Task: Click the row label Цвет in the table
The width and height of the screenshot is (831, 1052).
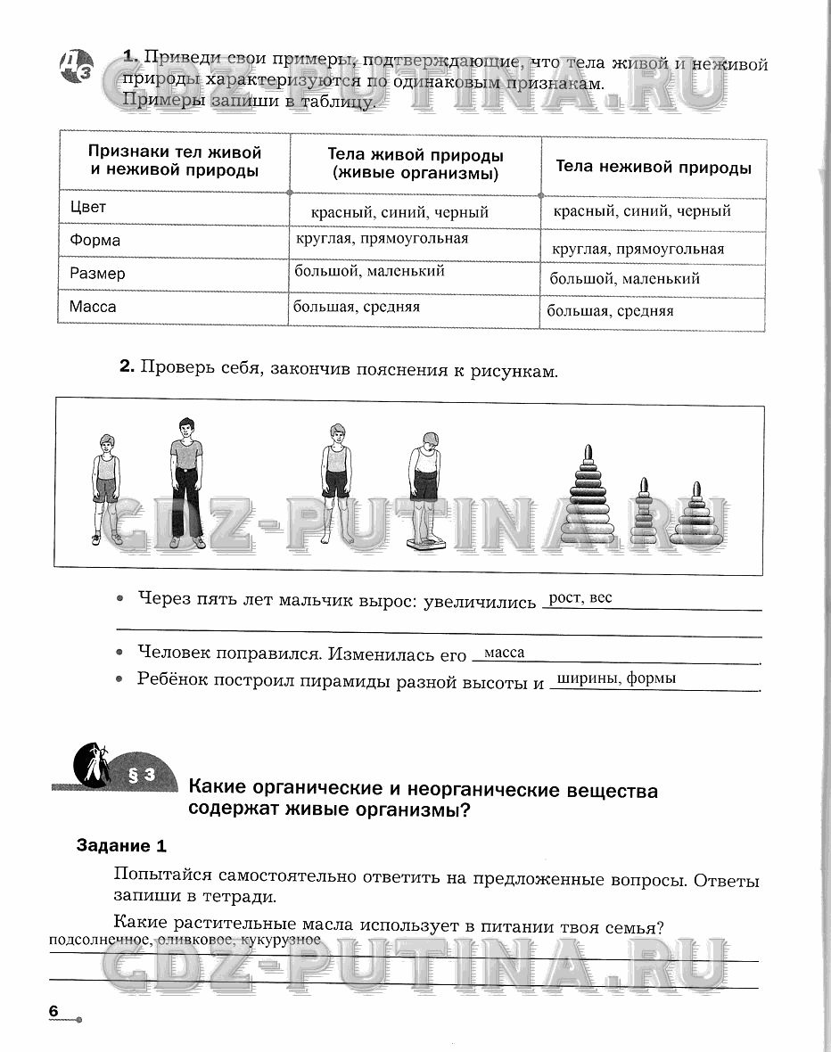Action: click(x=88, y=208)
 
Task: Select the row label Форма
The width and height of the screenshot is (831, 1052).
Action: click(x=95, y=241)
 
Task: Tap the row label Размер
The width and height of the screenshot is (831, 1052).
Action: click(x=98, y=274)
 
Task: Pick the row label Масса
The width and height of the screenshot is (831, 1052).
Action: click(x=94, y=307)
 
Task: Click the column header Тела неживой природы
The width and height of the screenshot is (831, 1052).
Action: click(x=654, y=167)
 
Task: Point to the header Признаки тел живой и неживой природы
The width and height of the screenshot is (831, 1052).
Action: click(x=175, y=161)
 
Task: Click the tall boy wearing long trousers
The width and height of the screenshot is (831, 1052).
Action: click(x=186, y=481)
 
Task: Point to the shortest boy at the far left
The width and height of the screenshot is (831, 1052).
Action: click(x=107, y=489)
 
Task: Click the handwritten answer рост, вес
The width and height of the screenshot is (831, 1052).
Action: click(x=580, y=598)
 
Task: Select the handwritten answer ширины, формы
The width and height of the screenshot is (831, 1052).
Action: click(x=615, y=678)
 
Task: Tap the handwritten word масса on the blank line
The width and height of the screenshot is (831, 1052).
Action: click(x=504, y=653)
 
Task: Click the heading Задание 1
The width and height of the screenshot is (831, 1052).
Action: click(x=121, y=846)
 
